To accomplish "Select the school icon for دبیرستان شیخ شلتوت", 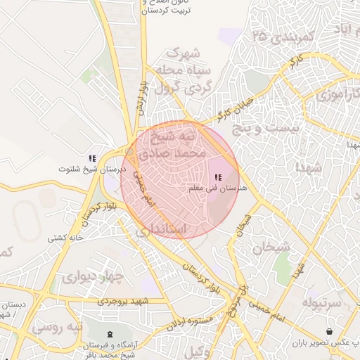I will coord(91,159).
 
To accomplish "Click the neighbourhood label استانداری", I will coord(161,230).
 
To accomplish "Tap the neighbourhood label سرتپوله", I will coord(325,302).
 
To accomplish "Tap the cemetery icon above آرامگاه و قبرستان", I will coord(109,333).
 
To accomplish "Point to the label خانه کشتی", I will coord(65,238).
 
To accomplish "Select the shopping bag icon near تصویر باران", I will coord(330,331).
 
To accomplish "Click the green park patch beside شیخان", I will coord(283,263).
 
